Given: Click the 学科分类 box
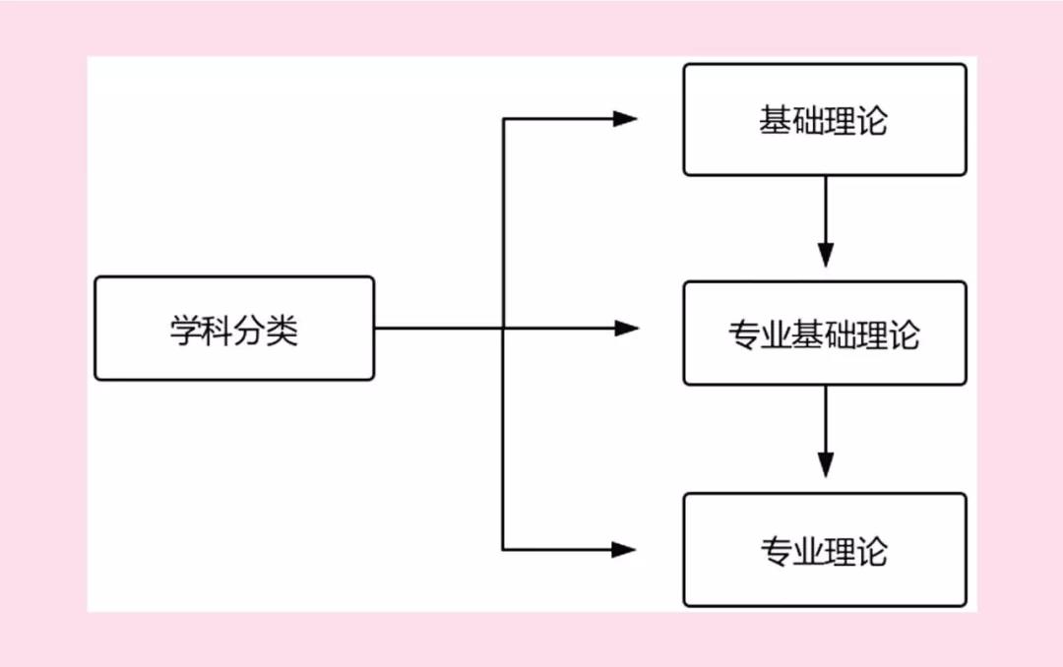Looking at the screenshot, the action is (234, 328).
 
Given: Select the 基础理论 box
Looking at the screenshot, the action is (825, 120).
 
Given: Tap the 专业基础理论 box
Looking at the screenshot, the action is (825, 333).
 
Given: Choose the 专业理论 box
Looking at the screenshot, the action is (825, 550).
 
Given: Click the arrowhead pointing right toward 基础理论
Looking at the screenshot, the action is (625, 119).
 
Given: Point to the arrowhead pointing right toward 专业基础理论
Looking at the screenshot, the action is (626, 328).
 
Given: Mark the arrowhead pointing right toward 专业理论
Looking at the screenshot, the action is (624, 550).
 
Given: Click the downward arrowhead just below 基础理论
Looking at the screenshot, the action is (826, 255).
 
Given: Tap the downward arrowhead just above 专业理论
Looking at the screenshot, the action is (826, 465).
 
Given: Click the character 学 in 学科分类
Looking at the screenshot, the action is (185, 331).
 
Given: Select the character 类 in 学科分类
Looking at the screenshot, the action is (282, 331).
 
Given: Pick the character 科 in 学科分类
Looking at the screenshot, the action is (218, 331).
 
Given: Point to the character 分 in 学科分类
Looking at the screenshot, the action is (250, 331).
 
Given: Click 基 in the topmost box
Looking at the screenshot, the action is (775, 120).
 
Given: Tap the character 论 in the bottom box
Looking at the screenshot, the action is (872, 550).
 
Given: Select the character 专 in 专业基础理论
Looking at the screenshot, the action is (744, 334).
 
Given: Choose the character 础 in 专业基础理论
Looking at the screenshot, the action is (840, 334).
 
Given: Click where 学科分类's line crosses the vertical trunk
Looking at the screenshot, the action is (503, 328).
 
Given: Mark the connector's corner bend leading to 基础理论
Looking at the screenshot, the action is (503, 119).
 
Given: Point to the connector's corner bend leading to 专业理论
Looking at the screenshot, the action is (503, 550).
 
